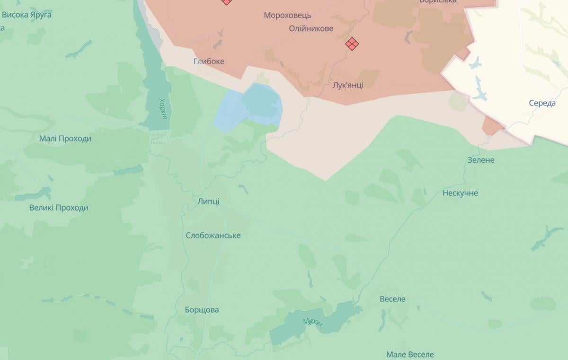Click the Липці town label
point(209,202)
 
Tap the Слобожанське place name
point(213,236)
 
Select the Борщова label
point(202,310)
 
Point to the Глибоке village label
point(209,61)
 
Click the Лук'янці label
point(348,85)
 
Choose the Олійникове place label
point(311,28)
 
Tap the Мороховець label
point(287,15)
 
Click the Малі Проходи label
point(65,139)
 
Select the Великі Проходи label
point(59,208)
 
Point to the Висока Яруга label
point(27,15)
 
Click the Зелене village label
point(480,160)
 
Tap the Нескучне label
point(460,193)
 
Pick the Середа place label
point(542,103)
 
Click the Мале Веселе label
point(409,354)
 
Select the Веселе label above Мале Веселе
point(392,299)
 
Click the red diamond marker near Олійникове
point(352,44)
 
